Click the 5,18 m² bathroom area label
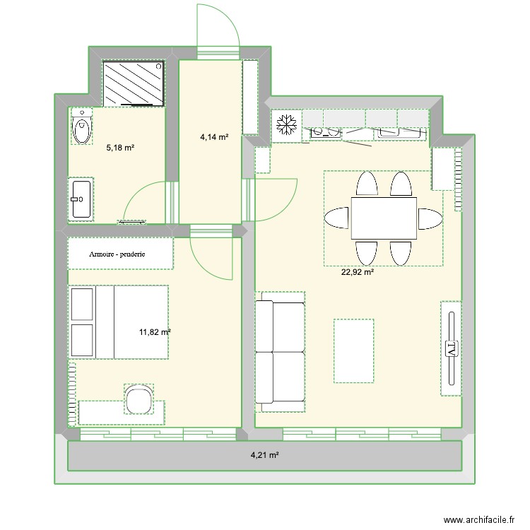pyautogui.click(x=120, y=148)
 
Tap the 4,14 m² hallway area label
pyautogui.click(x=214, y=137)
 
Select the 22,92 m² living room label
pyautogui.click(x=358, y=272)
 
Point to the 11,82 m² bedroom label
pyautogui.click(x=155, y=332)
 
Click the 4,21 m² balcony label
pyautogui.click(x=265, y=455)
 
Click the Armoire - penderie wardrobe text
pyautogui.click(x=117, y=254)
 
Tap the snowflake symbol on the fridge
pyautogui.click(x=286, y=124)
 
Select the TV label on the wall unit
pyautogui.click(x=452, y=348)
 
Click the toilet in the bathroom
pyautogui.click(x=81, y=126)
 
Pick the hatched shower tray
pyautogui.click(x=134, y=83)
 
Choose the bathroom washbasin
pyautogui.click(x=81, y=199)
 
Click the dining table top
pyautogui.click(x=384, y=218)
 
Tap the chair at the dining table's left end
pyautogui.click(x=337, y=218)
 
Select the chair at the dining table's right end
pyautogui.click(x=430, y=218)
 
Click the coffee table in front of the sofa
pyautogui.click(x=354, y=351)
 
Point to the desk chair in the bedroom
pyautogui.click(x=139, y=399)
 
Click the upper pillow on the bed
pyautogui.click(x=82, y=304)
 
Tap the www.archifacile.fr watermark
pyautogui.click(x=479, y=519)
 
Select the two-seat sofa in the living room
pyautogui.click(x=280, y=352)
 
